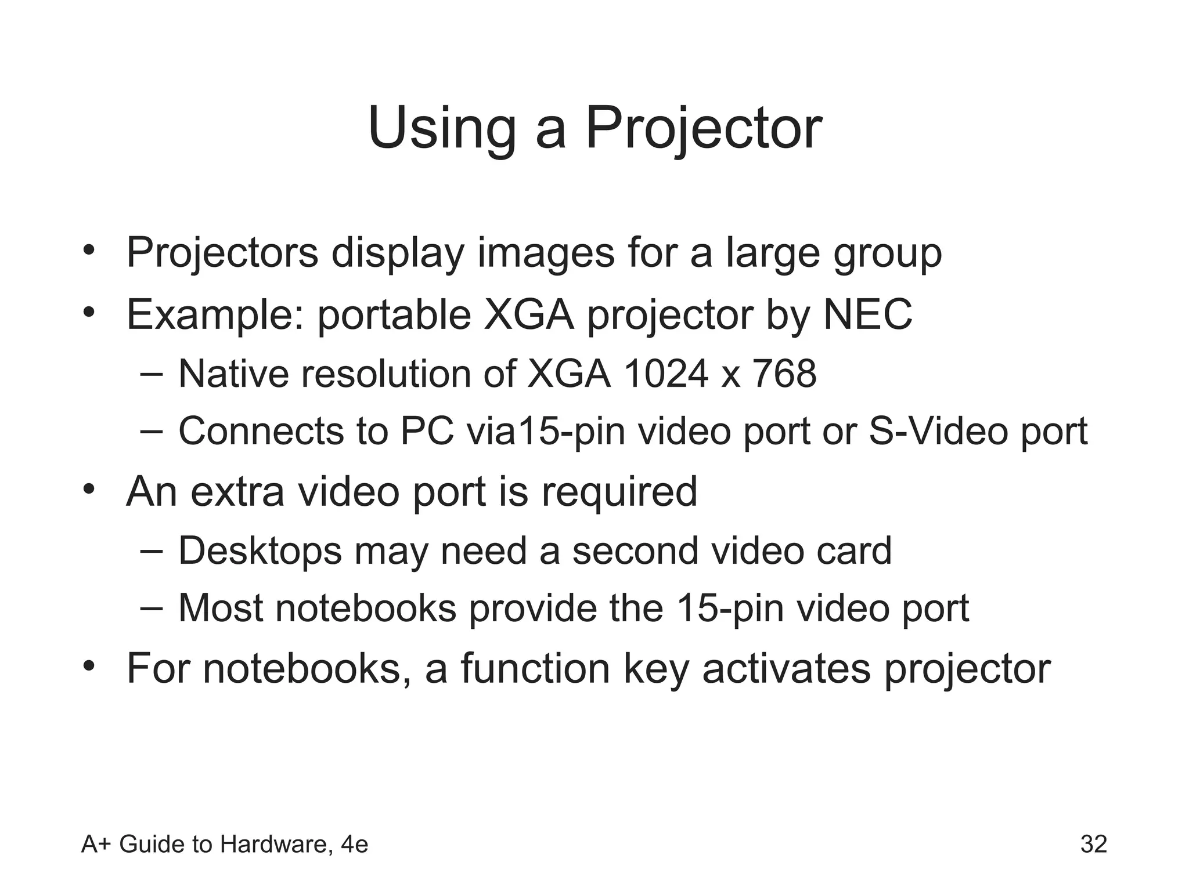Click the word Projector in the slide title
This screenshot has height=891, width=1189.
click(704, 129)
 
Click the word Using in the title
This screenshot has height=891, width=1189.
click(441, 129)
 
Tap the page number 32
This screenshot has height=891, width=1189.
click(1094, 844)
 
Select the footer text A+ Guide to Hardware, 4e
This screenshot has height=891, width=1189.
click(225, 845)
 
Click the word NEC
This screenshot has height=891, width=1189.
click(867, 314)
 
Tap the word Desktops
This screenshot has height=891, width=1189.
click(260, 551)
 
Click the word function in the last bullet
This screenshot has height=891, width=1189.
click(535, 668)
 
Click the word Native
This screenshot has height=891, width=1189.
click(233, 374)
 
